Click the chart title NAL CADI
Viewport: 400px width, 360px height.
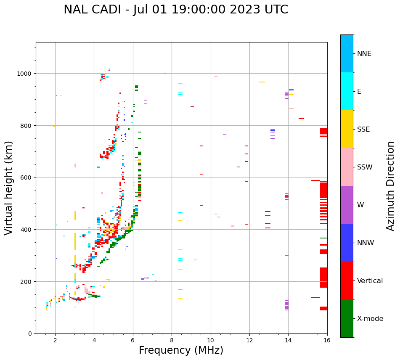coord(176,10)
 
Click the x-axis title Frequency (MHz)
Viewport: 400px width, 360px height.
coord(181,350)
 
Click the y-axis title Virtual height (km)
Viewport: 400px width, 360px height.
coord(9,188)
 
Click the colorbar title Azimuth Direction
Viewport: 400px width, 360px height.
coord(391,186)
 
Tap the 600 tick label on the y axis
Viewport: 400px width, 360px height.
coord(26,177)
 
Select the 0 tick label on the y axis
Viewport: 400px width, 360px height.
coord(30,334)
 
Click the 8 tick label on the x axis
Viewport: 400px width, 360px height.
coord(172,341)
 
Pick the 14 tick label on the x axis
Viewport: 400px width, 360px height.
coord(288,341)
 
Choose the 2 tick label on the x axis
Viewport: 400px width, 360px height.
coord(55,341)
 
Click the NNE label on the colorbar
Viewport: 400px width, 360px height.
coord(364,53)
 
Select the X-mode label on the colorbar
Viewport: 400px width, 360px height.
coord(370,318)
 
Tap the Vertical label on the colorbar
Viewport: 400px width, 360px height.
coord(370,281)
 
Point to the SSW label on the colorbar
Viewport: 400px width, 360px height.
coord(365,167)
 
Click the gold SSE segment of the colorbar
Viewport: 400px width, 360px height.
coord(347,129)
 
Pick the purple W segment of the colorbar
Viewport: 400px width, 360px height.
coord(347,205)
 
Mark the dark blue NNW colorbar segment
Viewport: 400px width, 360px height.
coord(347,243)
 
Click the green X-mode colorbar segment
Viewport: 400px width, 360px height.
coord(347,318)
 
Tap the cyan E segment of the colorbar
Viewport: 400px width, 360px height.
coord(347,91)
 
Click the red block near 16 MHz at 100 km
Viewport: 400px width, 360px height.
coord(323,308)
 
